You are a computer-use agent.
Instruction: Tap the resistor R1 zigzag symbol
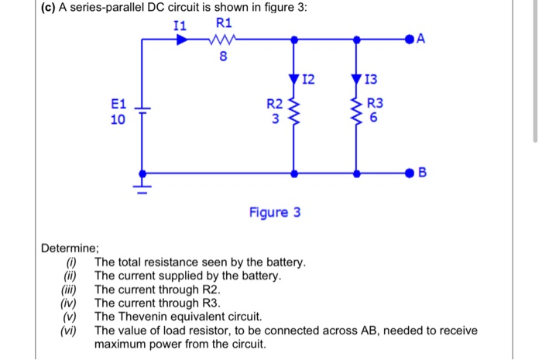click(x=223, y=39)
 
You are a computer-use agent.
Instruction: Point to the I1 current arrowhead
click(x=182, y=39)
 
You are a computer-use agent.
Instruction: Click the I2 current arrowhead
click(x=293, y=77)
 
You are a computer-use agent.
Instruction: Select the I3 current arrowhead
click(x=355, y=77)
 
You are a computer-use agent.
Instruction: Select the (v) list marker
click(x=72, y=317)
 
